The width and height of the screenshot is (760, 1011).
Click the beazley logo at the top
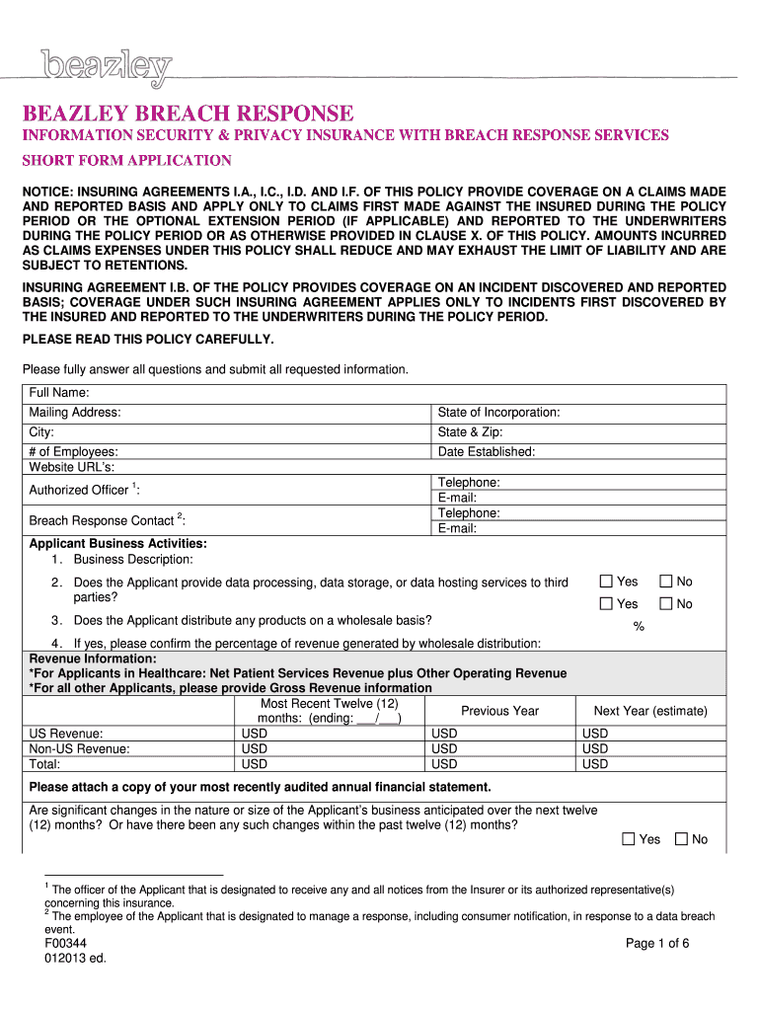[x=106, y=68]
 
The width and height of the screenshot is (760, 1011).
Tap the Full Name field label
[x=59, y=393]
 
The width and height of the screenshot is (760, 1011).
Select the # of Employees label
[x=74, y=452]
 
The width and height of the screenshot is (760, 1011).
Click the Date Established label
[x=487, y=452]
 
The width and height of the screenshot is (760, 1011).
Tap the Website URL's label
[x=71, y=467]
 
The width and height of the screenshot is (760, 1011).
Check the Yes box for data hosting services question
[x=607, y=583]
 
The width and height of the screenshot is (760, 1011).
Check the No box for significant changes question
[x=682, y=839]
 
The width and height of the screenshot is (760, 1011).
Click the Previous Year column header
[x=499, y=711]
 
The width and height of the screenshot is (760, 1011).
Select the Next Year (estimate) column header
[x=650, y=711]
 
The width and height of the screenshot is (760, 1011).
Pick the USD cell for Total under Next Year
[x=595, y=764]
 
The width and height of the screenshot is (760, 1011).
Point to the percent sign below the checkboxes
[x=639, y=626]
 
